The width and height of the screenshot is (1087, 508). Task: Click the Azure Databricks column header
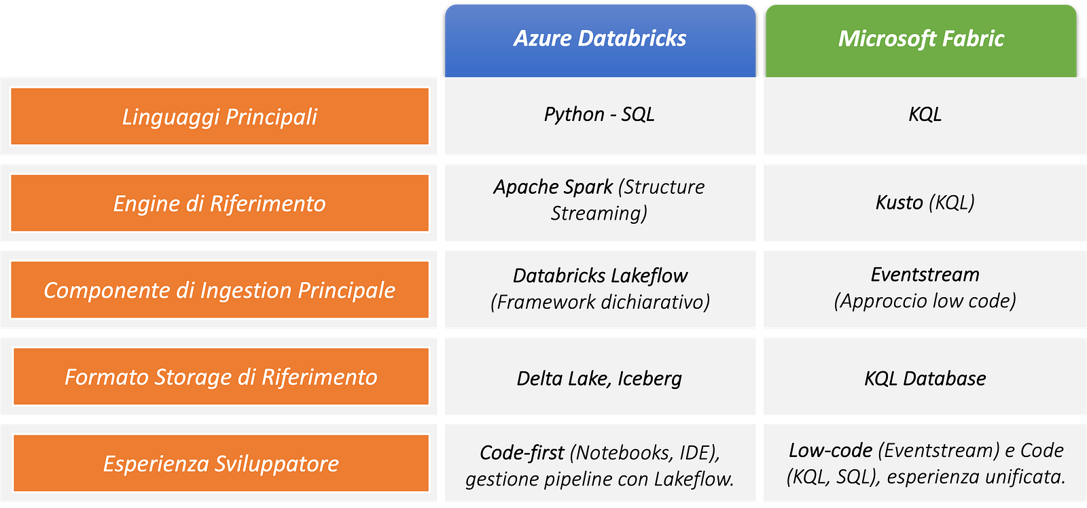pos(600,39)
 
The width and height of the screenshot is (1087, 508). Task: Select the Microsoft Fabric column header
pos(921,39)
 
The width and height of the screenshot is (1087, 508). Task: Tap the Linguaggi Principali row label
pos(219,116)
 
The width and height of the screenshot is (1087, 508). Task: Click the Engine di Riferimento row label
pos(219,203)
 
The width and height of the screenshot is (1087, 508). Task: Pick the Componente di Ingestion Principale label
pos(219,290)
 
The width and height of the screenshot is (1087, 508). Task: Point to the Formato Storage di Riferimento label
pos(221,377)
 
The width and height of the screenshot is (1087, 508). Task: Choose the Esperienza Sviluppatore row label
pos(221,464)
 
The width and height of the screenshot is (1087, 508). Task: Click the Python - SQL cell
pos(599,114)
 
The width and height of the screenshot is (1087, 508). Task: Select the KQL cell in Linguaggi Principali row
pos(925,114)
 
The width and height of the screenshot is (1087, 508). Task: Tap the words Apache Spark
pos(553,187)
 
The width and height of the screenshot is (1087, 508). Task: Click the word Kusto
pos(899,203)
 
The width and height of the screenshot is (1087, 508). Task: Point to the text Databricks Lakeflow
pos(600,275)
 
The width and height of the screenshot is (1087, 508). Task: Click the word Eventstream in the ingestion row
pos(925,275)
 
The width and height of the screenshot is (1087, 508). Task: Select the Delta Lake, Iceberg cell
pos(599,378)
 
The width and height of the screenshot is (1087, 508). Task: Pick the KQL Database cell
pos(925,378)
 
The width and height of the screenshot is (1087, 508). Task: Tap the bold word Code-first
pos(522,453)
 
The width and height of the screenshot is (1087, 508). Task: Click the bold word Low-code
pos(830,450)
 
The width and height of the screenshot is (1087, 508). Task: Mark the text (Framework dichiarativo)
pos(600,302)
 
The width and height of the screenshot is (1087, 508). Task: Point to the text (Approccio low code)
pos(925,301)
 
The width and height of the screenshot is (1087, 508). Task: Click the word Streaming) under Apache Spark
pos(599,214)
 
